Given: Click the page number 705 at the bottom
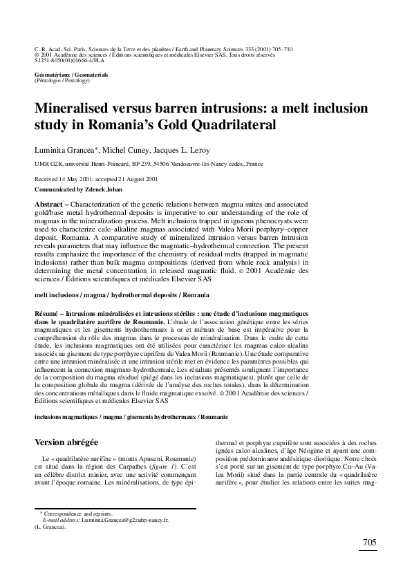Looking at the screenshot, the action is (368, 543).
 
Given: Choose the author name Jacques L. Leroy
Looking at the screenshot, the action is (188, 150).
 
